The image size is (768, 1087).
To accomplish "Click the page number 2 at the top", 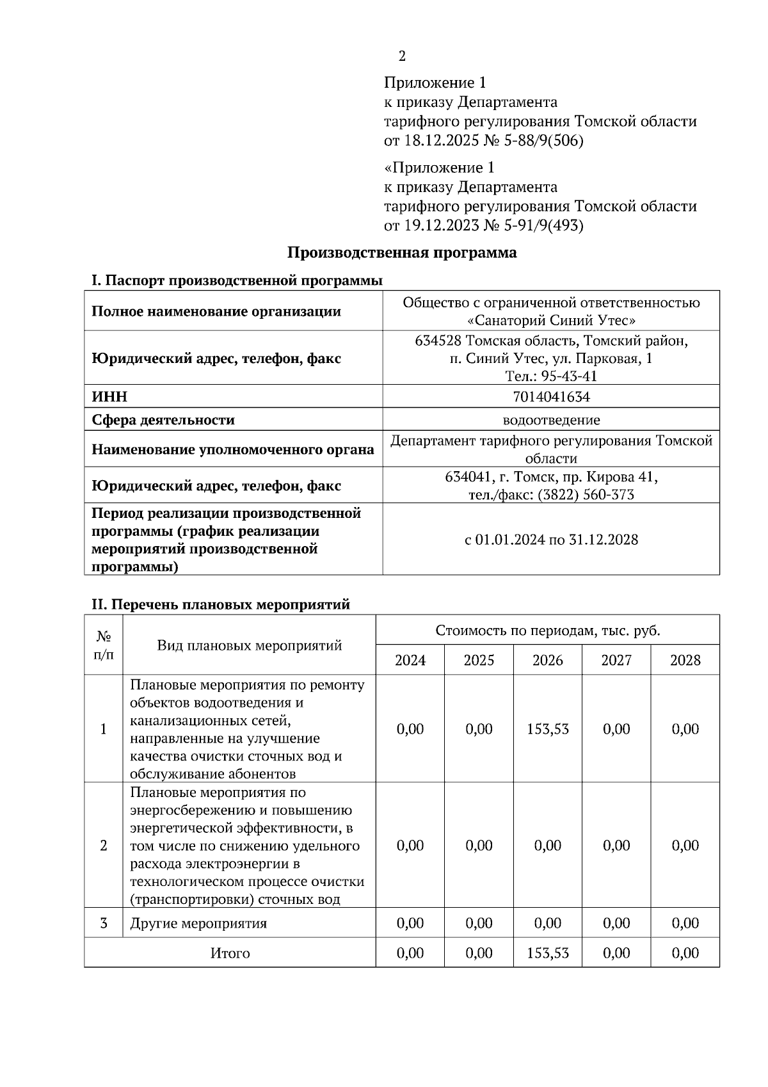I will pos(402,56).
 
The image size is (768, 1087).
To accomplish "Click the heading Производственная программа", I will pos(401,252).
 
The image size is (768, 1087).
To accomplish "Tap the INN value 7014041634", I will pos(551,397).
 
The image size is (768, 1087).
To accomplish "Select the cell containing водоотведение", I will pos(551,420).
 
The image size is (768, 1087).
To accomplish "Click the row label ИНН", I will pos(109,397).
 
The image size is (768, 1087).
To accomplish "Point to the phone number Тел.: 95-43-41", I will pos(551,376).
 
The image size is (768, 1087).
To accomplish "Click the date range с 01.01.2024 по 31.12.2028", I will pos(551,540).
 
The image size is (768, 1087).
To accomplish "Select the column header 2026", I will pos(548,660).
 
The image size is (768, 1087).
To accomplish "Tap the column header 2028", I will pos(685,660).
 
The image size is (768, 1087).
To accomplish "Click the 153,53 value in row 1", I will pos(548,729).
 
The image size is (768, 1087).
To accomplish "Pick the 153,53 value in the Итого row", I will pos(548,953).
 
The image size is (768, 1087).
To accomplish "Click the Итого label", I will pos(230,953).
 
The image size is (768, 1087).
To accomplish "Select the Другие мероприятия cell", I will pos(198,924).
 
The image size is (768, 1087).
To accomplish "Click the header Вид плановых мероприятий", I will pos(249,645).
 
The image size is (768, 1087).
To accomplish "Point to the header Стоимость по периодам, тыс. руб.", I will pos(548,631).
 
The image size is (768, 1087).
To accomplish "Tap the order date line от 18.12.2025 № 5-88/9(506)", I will pos(483,140).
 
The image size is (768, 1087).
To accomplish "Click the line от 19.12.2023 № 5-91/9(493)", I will pos(483,225).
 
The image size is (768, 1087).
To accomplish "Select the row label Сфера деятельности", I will pos(163,420).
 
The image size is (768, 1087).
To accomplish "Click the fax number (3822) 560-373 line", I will pos(551,495).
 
